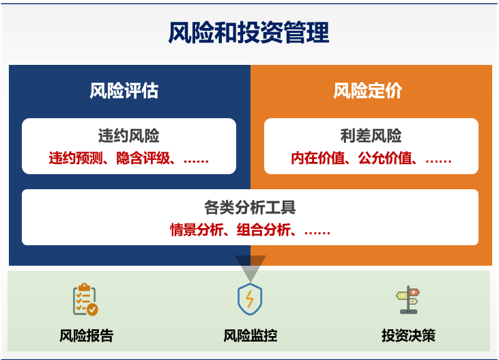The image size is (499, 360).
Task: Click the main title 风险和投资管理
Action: click(x=248, y=33)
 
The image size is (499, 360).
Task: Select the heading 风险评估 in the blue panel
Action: click(x=124, y=91)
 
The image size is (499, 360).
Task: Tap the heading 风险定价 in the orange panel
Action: click(x=367, y=91)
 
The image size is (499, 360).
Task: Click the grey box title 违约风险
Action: click(x=128, y=136)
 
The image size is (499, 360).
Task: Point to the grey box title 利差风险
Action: click(x=371, y=136)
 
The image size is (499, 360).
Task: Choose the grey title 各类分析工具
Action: click(x=250, y=208)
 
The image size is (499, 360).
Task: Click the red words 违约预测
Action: click(x=76, y=158)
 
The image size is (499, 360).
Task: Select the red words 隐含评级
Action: click(x=143, y=158)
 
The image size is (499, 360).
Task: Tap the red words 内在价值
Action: click(x=318, y=158)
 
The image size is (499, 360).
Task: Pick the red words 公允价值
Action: click(x=385, y=158)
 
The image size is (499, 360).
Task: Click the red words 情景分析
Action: click(x=197, y=230)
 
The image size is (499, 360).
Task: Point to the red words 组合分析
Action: click(x=263, y=230)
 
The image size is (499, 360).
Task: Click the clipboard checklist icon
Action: click(x=85, y=299)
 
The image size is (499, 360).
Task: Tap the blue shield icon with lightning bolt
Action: click(x=250, y=299)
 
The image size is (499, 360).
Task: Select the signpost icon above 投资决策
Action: click(x=408, y=300)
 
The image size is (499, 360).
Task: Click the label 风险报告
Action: click(x=87, y=335)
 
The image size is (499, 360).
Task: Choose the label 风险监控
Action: click(x=250, y=335)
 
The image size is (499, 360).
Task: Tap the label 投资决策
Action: click(x=408, y=335)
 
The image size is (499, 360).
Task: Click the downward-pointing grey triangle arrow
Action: click(x=251, y=266)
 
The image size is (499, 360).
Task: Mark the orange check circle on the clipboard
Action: click(x=93, y=309)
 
